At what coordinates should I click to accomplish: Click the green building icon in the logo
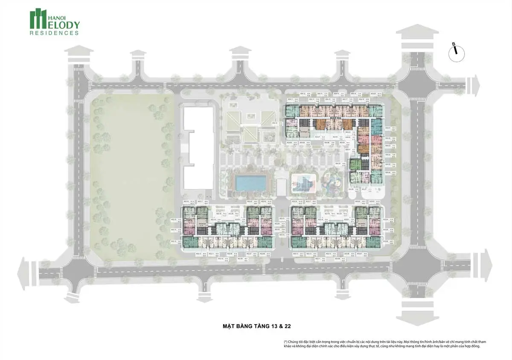click(x=38, y=19)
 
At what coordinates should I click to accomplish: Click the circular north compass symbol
click(x=456, y=53)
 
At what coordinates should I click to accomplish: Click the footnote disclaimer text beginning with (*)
click(x=384, y=344)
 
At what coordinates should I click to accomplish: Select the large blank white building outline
click(x=198, y=147)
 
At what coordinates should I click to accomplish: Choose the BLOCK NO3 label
click(x=345, y=235)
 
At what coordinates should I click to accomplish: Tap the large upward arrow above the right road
click(x=417, y=36)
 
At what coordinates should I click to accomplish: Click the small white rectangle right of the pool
click(x=282, y=187)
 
